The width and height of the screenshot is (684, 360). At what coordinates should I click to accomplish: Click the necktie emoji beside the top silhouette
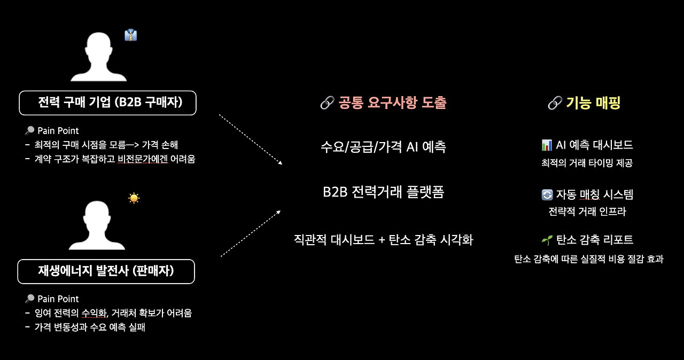[131, 35]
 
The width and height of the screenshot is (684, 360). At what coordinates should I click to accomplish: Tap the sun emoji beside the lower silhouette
[134, 198]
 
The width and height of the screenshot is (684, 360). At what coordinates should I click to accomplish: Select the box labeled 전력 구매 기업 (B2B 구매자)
[107, 103]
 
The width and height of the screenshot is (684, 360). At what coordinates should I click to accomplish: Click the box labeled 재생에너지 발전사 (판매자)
[106, 271]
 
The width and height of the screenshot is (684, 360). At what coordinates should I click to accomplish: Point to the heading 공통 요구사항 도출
[392, 103]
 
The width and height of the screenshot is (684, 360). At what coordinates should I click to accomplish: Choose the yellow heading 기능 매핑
[593, 103]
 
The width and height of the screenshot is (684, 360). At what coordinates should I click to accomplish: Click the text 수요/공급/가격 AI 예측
[383, 147]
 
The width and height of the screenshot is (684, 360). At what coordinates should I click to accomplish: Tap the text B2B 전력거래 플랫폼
[383, 192]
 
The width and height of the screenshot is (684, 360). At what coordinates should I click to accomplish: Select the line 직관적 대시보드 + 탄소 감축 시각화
[383, 239]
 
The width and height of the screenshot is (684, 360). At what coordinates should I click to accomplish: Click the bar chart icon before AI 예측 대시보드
[547, 145]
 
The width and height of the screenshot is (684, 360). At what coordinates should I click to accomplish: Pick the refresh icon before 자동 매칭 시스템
[547, 195]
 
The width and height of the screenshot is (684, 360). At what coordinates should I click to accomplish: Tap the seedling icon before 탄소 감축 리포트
[547, 240]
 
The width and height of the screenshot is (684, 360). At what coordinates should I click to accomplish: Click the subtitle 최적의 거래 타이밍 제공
[587, 163]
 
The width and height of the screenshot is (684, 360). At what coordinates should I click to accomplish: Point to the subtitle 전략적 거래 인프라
[587, 212]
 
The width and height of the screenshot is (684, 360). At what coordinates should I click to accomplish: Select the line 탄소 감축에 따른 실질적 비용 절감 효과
[588, 260]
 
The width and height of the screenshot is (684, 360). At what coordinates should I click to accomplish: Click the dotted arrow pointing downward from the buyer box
[250, 139]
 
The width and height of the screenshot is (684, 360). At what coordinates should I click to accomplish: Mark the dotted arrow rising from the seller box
[250, 233]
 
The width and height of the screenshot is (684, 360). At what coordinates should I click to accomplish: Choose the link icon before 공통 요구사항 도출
[327, 103]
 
